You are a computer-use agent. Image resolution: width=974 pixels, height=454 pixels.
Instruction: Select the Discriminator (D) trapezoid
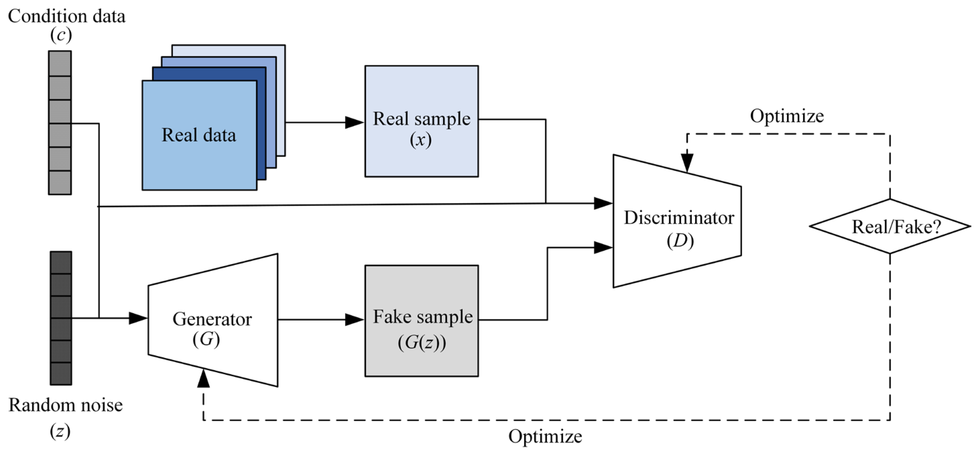coord(677,221)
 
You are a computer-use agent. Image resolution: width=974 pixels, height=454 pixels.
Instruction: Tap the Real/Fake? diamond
coord(890,227)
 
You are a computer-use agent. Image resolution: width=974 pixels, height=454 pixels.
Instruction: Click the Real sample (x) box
coord(421,121)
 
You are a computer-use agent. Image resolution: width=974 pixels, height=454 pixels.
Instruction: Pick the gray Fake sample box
coord(421,321)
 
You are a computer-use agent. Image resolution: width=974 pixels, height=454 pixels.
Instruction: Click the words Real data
coord(199,135)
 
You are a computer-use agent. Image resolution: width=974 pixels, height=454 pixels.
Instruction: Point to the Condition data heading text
coord(67,17)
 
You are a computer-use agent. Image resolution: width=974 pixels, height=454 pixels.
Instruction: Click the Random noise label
coord(65,405)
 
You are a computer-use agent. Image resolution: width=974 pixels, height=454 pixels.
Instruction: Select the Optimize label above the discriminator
coord(786,116)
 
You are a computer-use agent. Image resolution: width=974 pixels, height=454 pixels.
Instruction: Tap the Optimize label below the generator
coord(545,437)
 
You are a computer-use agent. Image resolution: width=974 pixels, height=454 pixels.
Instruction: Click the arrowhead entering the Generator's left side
coord(138,318)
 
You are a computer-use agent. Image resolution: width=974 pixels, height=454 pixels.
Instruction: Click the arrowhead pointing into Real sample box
coord(354,123)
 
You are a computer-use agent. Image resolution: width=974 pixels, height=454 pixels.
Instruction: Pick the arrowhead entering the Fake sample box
coord(354,320)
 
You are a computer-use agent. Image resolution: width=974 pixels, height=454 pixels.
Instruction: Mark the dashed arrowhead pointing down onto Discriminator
coord(687,163)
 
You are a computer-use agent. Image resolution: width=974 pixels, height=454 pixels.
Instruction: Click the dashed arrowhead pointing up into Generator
coord(203,378)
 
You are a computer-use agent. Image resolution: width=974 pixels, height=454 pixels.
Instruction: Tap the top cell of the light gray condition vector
coord(60,64)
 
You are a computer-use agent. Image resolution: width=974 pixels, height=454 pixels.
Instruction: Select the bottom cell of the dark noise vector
coord(61,374)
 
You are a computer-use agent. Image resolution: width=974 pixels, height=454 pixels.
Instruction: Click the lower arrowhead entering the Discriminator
coord(603,248)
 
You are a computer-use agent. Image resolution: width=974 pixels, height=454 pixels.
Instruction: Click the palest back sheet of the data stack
coord(280,51)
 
